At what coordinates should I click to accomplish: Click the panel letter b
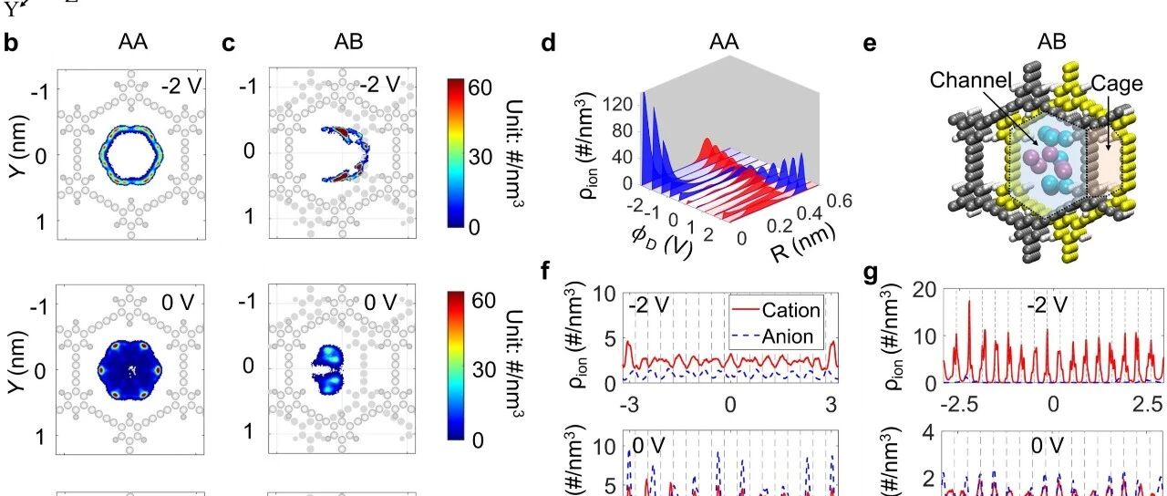[12, 43]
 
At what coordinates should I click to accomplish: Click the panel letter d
[549, 43]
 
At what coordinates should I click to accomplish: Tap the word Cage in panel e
[1117, 83]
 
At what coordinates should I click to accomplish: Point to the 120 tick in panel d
[618, 105]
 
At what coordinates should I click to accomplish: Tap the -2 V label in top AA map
[181, 85]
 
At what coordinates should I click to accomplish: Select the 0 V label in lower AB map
[380, 302]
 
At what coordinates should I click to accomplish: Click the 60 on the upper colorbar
[480, 88]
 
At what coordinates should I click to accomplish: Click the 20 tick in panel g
[924, 290]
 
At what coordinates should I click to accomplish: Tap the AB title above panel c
[348, 41]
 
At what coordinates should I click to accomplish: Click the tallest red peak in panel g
[969, 301]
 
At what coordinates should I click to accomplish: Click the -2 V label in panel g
[1048, 304]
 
